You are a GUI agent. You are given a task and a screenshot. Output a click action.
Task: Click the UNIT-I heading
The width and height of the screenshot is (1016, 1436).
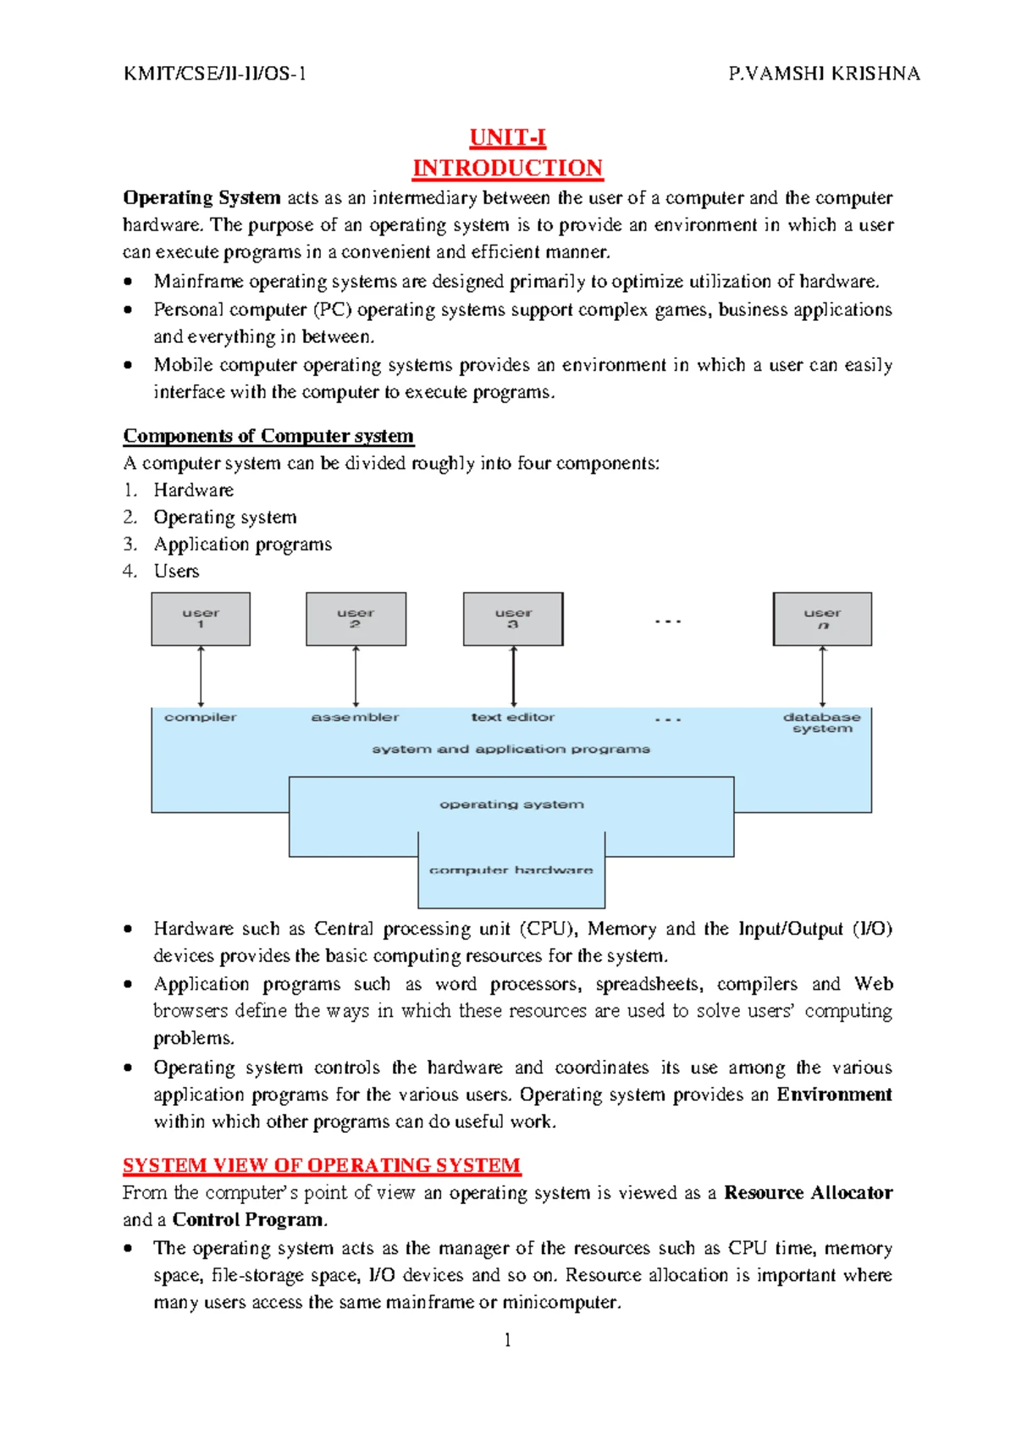pos(507,138)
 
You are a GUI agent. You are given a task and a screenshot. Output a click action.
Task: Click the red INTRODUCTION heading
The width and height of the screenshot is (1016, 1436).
pos(507,168)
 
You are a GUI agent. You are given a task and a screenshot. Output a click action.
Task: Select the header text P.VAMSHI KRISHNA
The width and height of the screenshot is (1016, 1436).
pos(824,74)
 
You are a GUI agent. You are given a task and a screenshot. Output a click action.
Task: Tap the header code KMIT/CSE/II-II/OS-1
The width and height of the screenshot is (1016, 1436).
pos(215,74)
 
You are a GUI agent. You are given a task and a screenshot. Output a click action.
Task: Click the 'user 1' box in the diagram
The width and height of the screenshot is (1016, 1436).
pos(201,619)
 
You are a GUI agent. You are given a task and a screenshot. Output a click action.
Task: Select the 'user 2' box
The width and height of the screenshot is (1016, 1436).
pos(356,619)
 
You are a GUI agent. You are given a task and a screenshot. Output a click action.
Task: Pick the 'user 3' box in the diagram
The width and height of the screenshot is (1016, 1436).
pos(513,619)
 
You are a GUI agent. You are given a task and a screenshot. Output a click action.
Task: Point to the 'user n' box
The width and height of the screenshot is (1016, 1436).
pos(822,619)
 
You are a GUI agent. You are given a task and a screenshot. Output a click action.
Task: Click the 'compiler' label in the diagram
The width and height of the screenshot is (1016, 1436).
pos(201,717)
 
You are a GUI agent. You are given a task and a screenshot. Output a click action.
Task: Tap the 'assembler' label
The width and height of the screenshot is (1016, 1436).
pos(355,717)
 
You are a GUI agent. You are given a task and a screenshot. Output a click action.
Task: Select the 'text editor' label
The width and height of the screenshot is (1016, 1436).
pos(513,717)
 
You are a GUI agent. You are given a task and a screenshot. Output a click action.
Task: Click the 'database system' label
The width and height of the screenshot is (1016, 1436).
pos(822,722)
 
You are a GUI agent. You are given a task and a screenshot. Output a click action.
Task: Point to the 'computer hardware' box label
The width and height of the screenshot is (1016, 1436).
pos(511,870)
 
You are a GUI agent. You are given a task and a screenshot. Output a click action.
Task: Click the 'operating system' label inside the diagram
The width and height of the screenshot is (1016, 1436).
pos(511,804)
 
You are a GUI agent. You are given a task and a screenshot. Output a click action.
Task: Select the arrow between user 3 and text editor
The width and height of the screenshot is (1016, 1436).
pos(513,677)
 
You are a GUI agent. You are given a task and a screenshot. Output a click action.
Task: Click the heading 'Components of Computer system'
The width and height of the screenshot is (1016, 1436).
pos(268,436)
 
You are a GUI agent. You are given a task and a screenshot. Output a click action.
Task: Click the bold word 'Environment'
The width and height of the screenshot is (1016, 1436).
pos(834,1095)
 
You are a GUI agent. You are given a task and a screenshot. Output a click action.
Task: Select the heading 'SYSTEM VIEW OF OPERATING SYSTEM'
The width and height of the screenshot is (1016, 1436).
pos(322,1166)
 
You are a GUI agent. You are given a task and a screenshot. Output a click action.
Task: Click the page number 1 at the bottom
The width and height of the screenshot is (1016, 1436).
pos(507,1339)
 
